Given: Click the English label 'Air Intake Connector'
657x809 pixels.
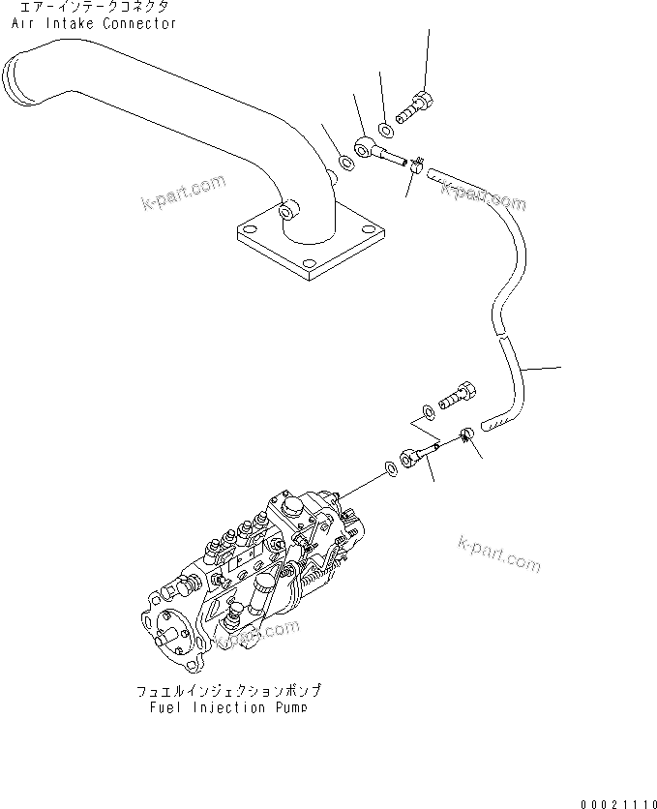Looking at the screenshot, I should [x=95, y=23].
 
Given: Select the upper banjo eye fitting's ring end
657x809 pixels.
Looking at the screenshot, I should [x=363, y=147].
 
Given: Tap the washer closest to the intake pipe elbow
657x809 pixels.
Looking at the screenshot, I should [x=345, y=160].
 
